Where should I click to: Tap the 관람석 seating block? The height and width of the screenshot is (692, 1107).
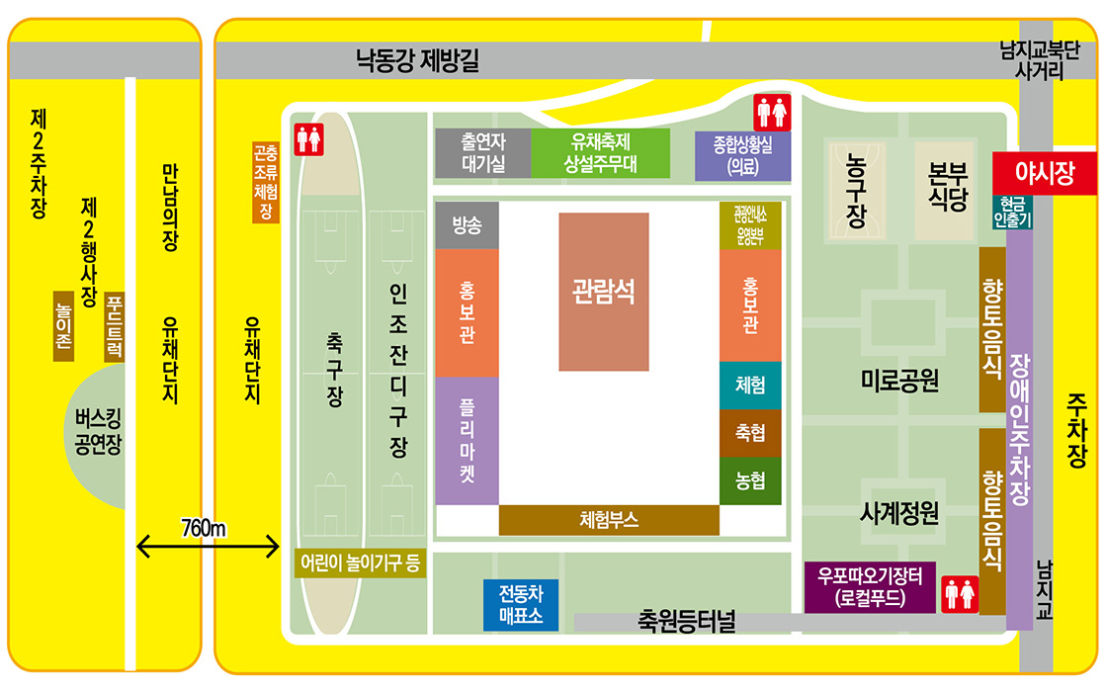pyautogui.click(x=604, y=292)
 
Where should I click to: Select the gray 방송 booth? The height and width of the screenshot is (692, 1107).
pyautogui.click(x=467, y=225)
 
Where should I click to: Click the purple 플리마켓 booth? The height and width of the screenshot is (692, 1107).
pyautogui.click(x=467, y=441)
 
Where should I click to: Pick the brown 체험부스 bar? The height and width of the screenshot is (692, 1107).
pyautogui.click(x=609, y=520)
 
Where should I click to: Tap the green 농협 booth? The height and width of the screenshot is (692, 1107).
pyautogui.click(x=750, y=481)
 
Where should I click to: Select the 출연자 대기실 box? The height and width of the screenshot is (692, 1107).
pyautogui.click(x=483, y=152)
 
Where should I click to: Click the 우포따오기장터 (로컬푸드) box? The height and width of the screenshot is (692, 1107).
pyautogui.click(x=869, y=587)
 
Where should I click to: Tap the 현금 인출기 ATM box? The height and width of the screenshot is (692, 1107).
pyautogui.click(x=1011, y=213)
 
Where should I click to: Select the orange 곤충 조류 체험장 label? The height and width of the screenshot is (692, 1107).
pyautogui.click(x=265, y=182)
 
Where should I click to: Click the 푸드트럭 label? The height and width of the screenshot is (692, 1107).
pyautogui.click(x=115, y=326)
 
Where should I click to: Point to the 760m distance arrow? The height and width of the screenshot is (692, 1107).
pyautogui.click(x=209, y=544)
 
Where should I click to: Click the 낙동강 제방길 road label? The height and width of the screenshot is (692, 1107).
pyautogui.click(x=418, y=61)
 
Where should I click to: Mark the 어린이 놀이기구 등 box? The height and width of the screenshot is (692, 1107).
pyautogui.click(x=360, y=563)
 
